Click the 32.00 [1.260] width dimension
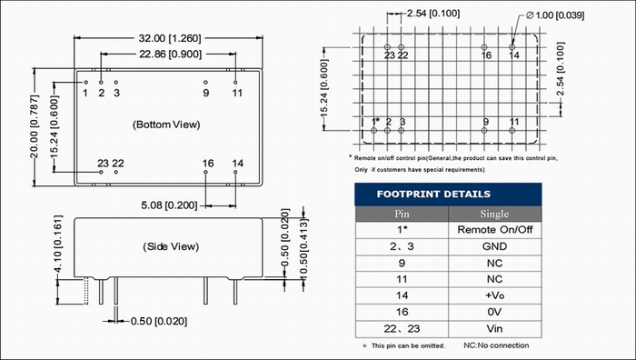tap(170, 38)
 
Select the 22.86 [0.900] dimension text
tap(171, 54)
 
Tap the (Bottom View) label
tap(166, 125)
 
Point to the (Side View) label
tap(171, 246)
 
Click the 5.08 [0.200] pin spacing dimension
tap(169, 205)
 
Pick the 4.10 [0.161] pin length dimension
tap(58, 244)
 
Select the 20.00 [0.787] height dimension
tap(35, 126)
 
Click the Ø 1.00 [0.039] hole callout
tap(555, 15)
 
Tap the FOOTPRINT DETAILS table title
tap(433, 194)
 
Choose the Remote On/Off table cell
tap(495, 230)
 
